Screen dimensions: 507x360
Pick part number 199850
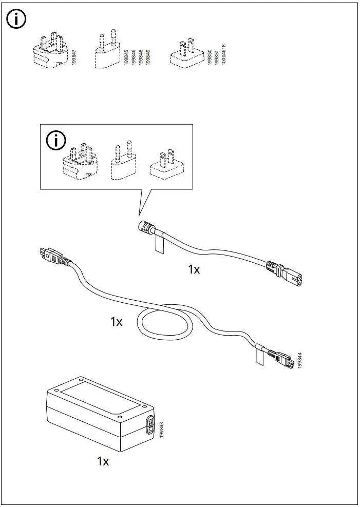[210, 55]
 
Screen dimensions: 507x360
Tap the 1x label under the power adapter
[103, 461]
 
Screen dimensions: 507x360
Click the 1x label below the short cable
[194, 269]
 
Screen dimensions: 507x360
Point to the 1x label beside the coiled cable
[116, 322]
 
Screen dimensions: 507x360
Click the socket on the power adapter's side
[150, 425]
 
